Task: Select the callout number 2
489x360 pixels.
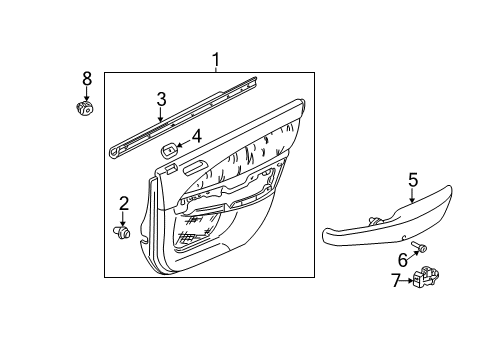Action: click(124, 204)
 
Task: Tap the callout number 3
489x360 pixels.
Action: click(160, 98)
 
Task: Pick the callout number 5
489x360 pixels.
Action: click(411, 182)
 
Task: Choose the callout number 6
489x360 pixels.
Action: click(402, 259)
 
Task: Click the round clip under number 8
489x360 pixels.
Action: click(86, 108)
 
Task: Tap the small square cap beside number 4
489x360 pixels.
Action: click(169, 149)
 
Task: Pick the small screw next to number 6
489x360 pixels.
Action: click(420, 247)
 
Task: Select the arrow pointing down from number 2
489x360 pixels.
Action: click(124, 218)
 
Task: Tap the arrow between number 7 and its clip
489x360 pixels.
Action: click(413, 281)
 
